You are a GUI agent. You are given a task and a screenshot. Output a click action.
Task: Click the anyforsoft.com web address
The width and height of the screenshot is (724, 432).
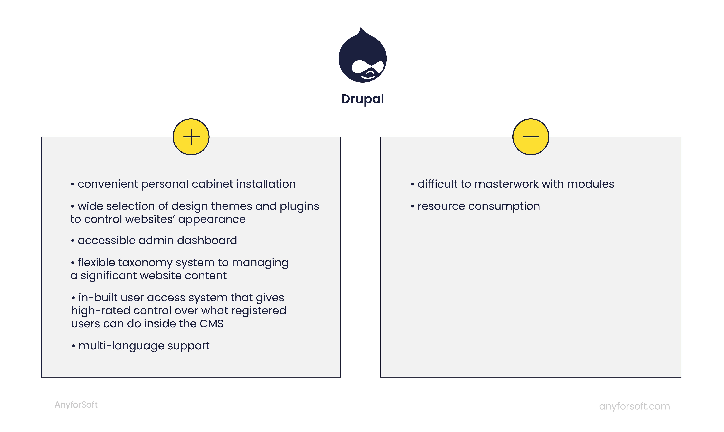tap(634, 406)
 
